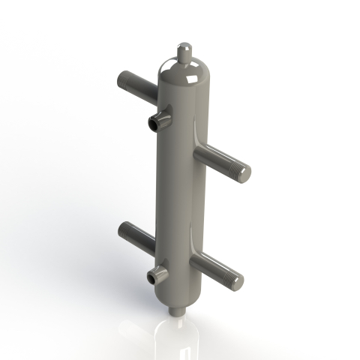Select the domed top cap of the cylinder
[184, 73]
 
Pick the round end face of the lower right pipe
[238, 282]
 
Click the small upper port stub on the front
[159, 118]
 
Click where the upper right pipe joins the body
[198, 150]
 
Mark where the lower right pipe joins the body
[194, 258]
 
